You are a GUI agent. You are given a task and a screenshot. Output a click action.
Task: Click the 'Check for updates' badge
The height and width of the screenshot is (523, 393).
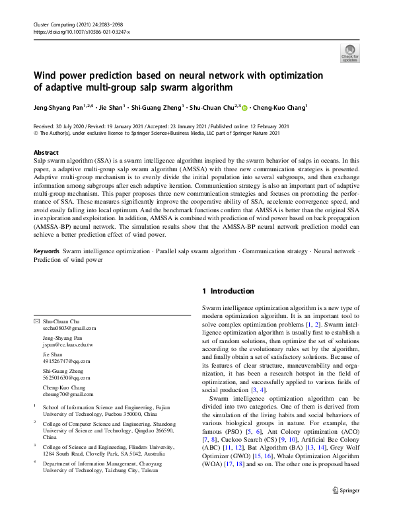pos(349,52)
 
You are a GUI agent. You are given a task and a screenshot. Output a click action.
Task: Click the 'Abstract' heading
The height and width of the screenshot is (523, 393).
pos(46,152)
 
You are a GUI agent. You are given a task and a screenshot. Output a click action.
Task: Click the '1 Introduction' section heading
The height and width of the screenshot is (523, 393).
pos(227,291)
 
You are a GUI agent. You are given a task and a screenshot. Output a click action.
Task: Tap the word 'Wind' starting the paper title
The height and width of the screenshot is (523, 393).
pos(46,75)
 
